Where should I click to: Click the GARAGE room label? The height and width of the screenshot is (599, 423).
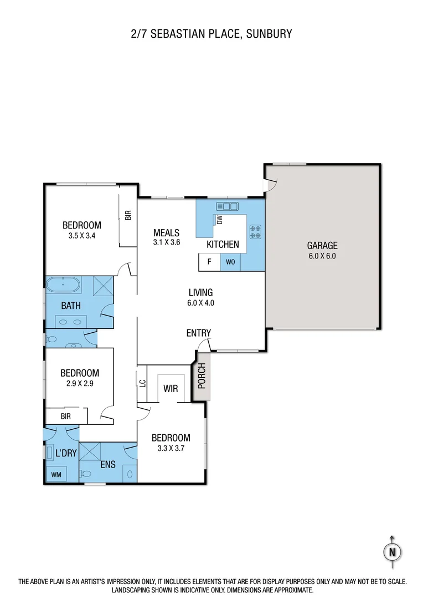[x=322, y=246]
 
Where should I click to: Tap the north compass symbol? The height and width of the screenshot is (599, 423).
[x=392, y=551]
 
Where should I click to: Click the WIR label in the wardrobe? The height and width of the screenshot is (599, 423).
[x=171, y=388]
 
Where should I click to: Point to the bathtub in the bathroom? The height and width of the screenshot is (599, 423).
[x=63, y=286]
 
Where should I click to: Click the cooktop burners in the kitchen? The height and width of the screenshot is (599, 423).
[x=255, y=231]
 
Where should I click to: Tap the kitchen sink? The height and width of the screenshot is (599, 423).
[x=226, y=206]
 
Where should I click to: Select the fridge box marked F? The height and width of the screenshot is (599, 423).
[x=209, y=262]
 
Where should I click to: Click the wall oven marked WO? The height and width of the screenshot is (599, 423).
[x=230, y=262]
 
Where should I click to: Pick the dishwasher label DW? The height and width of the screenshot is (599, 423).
[x=219, y=220]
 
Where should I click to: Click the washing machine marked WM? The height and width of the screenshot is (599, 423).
[x=56, y=474]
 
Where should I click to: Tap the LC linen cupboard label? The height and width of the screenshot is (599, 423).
[x=142, y=382]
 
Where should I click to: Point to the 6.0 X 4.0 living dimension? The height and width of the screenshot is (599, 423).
[x=200, y=303]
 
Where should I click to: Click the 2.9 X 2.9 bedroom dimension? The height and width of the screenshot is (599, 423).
[x=80, y=383]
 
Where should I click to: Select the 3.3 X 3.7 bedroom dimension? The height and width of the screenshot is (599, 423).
[x=171, y=448]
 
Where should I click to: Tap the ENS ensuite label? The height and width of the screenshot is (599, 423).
[x=107, y=464]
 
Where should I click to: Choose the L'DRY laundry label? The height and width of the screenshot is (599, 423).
[x=66, y=453]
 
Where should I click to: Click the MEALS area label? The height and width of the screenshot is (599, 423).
[x=167, y=232]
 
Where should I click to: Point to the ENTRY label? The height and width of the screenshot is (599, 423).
[x=198, y=333]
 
